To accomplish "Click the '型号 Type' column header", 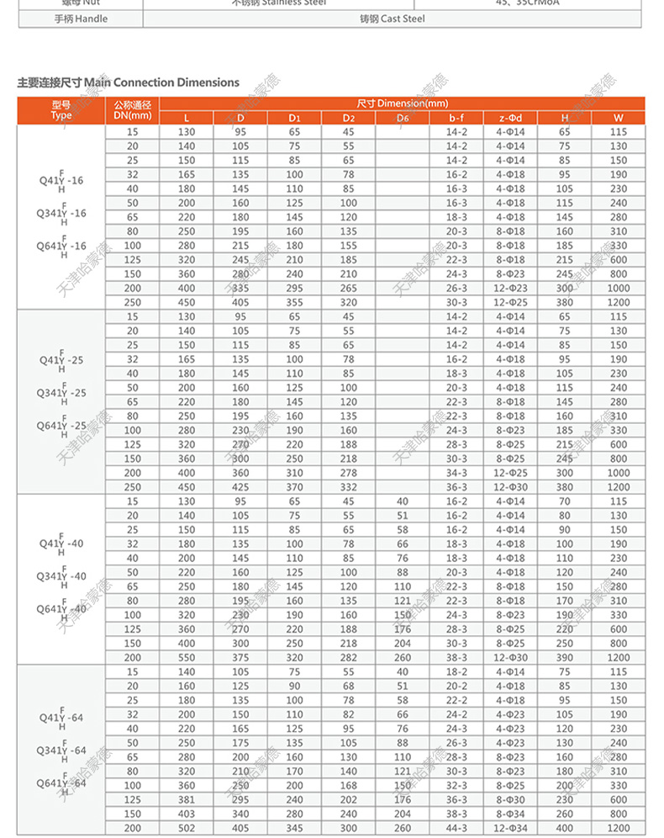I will (x=61, y=110).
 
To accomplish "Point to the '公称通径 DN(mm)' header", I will (x=132, y=110).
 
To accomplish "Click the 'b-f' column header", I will (x=456, y=117).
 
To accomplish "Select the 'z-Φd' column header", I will (x=509, y=117).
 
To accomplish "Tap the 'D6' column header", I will (x=402, y=117).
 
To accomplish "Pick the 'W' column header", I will (x=618, y=117).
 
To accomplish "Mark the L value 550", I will (x=187, y=657).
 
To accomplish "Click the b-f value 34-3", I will (x=456, y=474).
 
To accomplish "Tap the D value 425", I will (x=240, y=488).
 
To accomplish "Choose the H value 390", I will (x=564, y=657).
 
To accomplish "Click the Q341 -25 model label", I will (x=61, y=393).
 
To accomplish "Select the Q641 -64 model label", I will (x=61, y=782).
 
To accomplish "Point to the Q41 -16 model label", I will (x=61, y=180).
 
